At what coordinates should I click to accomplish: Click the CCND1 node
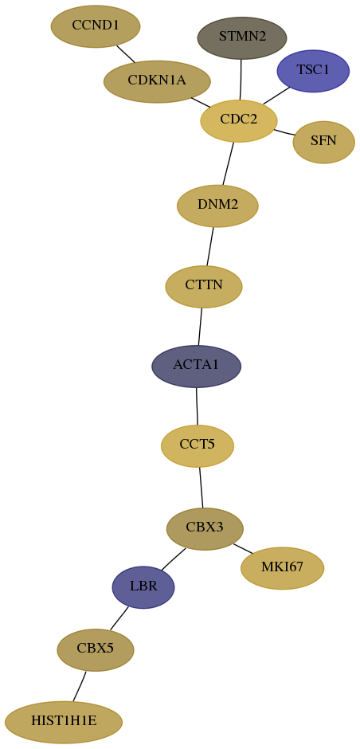96,26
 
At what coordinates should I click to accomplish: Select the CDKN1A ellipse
157,81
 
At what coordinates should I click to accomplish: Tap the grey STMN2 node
242,37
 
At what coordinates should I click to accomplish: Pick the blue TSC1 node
313,71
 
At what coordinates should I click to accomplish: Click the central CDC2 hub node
239,121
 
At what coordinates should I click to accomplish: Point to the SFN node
323,142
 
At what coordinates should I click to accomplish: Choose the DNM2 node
217,206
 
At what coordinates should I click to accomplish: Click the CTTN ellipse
204,287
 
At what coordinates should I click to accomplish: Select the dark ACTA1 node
196,366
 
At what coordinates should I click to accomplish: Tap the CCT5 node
198,445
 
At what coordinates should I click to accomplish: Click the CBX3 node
205,529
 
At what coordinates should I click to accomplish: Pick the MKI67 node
282,568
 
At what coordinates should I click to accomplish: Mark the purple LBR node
143,587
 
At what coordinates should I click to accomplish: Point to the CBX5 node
96,649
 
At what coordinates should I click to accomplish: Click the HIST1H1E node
64,722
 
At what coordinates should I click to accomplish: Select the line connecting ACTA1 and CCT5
197,406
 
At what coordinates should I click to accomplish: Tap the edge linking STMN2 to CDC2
241,80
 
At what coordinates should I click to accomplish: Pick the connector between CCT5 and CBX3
201,488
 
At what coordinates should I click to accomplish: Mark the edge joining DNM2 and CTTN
210,246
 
